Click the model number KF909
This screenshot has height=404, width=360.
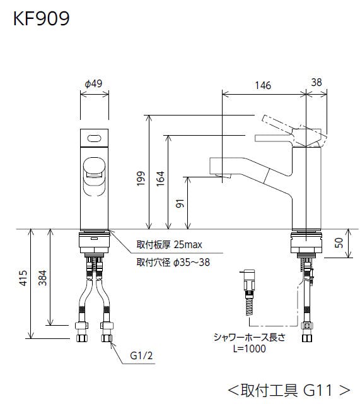[41, 18]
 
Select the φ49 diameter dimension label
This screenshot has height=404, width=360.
[93, 83]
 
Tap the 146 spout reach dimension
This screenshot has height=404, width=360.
[263, 85]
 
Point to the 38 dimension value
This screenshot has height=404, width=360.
[316, 82]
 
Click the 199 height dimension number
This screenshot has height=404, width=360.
[141, 178]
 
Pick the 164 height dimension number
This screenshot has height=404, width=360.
[160, 178]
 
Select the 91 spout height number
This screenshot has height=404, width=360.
[180, 203]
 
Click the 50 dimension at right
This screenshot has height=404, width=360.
[339, 242]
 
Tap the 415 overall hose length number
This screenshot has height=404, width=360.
[23, 278]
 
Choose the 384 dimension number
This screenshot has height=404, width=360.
[42, 278]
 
